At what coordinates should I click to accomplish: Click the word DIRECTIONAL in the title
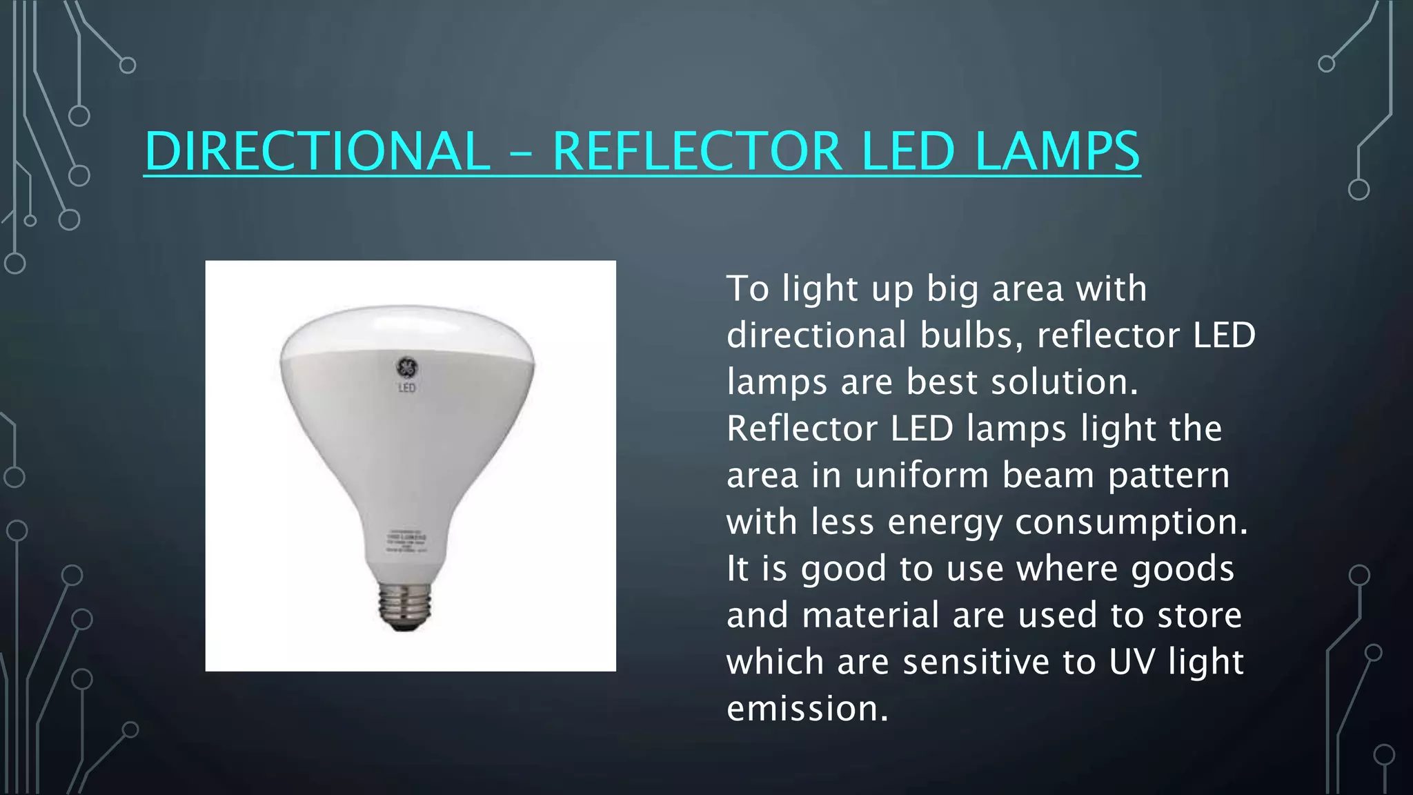coord(317,151)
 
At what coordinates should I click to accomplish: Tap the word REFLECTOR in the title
coord(697,151)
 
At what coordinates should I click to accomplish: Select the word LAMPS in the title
coord(1057,151)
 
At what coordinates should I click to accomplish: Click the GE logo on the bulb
coord(406,367)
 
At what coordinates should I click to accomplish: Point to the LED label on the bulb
coord(407,388)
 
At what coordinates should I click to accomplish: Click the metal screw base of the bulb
coord(405,605)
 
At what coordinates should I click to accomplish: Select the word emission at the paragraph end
coord(807,708)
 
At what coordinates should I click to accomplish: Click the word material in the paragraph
coord(871,615)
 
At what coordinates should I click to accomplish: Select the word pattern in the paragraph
coord(1169,476)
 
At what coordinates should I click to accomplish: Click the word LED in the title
coord(909,151)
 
